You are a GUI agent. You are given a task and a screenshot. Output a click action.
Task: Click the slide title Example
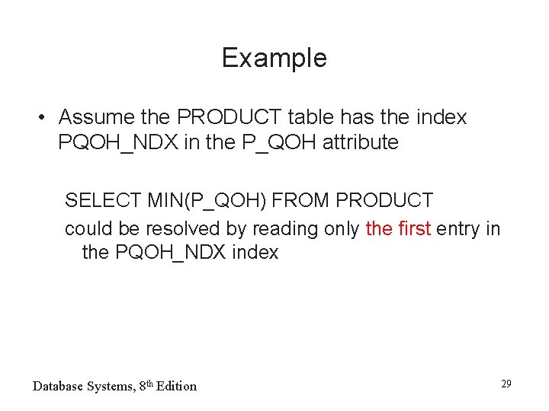(274, 59)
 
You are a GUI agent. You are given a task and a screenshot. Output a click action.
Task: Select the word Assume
(97, 117)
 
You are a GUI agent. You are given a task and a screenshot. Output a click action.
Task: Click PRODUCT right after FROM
(384, 201)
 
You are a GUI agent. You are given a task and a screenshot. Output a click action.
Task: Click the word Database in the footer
(59, 386)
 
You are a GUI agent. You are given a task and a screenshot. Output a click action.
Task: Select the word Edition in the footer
(178, 386)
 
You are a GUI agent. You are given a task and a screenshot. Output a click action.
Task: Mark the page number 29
(506, 384)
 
